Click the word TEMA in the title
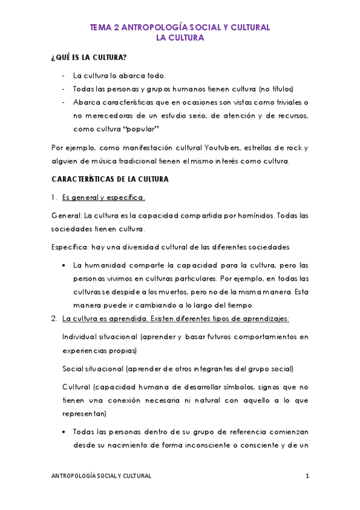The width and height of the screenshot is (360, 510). [x=100, y=28]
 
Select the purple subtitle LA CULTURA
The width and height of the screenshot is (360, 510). [x=180, y=38]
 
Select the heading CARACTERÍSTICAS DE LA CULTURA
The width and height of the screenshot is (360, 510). [x=109, y=179]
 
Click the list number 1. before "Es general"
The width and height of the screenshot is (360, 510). [x=53, y=198]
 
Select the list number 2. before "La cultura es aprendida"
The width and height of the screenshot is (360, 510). [x=53, y=319]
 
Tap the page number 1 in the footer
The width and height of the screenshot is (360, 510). [x=307, y=476]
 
